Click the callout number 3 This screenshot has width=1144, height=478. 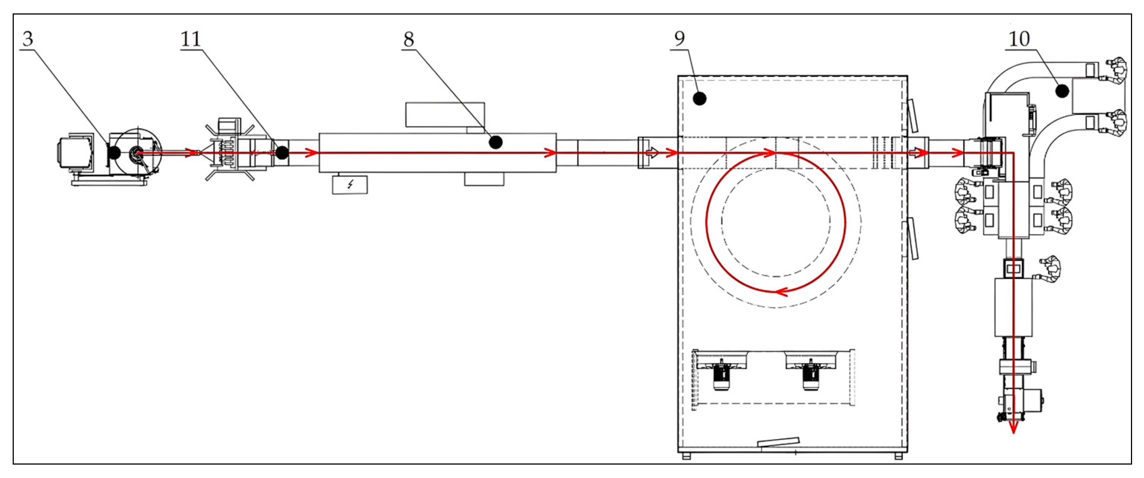pos(28,39)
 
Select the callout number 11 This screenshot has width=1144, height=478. pos(191,39)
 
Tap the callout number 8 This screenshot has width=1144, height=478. pos(409,39)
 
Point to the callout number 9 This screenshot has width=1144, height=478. pos(680,39)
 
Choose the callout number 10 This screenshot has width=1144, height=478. pos(1019,39)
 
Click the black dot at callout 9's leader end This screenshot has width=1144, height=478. pos(700,98)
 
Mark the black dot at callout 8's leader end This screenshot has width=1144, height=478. pos(496,142)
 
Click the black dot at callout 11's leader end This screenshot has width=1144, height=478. pos(282,153)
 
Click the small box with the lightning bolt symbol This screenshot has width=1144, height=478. pos(350,185)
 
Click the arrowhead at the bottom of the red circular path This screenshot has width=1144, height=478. pos(781,291)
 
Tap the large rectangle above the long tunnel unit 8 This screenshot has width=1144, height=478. pos(445,115)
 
